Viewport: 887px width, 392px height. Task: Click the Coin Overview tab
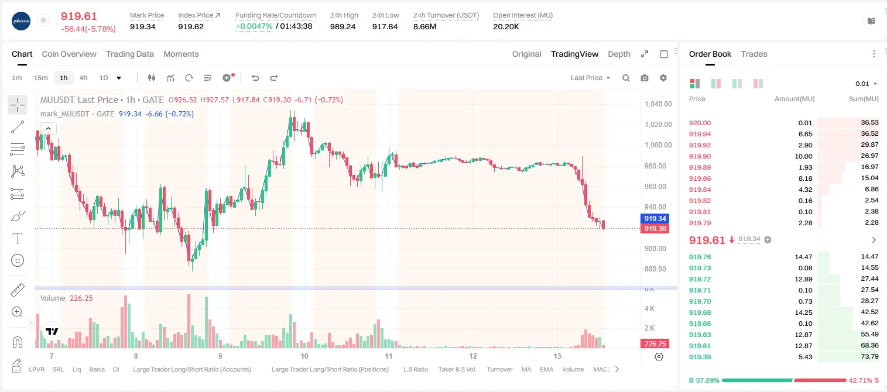[69, 54]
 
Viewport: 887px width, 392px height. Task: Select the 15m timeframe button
[40, 78]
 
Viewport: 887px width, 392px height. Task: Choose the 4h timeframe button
[83, 78]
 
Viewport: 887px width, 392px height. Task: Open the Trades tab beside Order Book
[754, 54]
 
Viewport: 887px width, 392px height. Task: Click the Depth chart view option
[619, 54]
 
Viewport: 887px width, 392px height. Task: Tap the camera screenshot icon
[645, 78]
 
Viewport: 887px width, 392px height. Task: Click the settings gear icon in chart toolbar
[663, 78]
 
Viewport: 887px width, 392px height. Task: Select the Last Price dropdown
[590, 78]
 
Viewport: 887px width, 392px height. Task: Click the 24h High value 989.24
[343, 26]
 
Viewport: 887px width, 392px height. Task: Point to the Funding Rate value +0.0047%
[254, 26]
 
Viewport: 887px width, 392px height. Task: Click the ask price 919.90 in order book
[700, 156]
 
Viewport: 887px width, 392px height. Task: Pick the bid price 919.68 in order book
[700, 312]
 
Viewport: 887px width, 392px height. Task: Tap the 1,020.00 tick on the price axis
[658, 125]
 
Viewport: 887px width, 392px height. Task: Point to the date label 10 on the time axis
[304, 356]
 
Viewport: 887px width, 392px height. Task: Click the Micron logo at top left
[21, 21]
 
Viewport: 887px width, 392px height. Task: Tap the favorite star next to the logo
[43, 20]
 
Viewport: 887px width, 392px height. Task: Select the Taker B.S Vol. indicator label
[457, 369]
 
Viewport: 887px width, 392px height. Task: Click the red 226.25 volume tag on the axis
[655, 344]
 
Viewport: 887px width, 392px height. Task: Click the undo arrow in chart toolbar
[255, 78]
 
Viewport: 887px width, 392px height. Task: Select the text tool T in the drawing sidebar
[18, 238]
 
